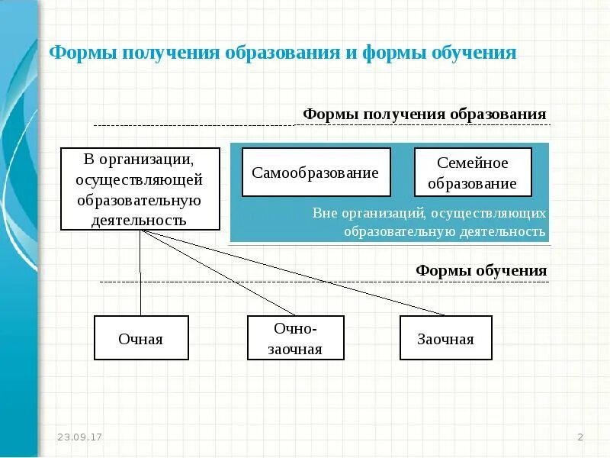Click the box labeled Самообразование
point(316,173)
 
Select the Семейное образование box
point(472,173)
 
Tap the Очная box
point(141,338)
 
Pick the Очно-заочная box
point(296,338)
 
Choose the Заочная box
point(446,338)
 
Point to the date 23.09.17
point(80,437)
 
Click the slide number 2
point(580,437)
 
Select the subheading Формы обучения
point(481,271)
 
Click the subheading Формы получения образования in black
point(425,114)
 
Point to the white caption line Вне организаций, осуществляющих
point(429,212)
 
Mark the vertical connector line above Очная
point(140,275)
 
